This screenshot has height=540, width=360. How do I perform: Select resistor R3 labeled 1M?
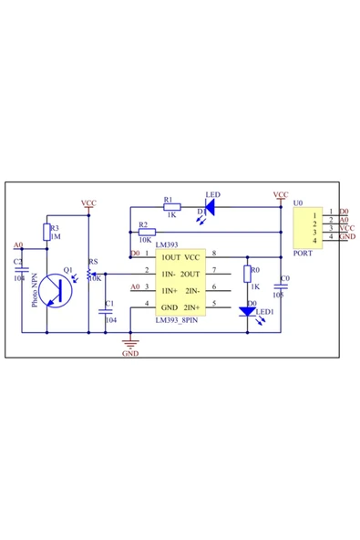pos(46,233)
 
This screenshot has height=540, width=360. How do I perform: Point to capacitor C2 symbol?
pos(19,270)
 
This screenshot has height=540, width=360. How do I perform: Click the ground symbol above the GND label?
pos(130,342)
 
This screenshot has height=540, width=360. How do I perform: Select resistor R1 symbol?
pos(172,207)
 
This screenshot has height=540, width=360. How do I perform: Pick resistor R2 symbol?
pos(147,232)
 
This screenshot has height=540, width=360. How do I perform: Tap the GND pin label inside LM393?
pos(169,306)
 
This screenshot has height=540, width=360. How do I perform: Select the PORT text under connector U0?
pos(303,254)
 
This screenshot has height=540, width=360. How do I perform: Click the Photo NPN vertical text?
pos(36,288)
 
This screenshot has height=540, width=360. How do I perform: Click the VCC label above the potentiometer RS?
pos(88,203)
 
